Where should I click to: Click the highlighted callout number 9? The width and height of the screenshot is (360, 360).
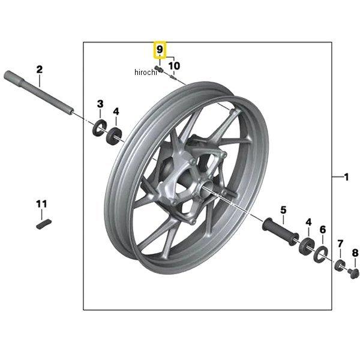[x=160, y=49]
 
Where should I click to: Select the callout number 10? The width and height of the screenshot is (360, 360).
[x=174, y=65]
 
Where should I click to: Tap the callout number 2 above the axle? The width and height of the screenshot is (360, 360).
[x=40, y=70]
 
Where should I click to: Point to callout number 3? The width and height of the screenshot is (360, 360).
[x=100, y=104]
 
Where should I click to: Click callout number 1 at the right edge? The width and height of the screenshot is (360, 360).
[x=346, y=177]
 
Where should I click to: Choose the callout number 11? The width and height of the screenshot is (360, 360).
[x=41, y=204]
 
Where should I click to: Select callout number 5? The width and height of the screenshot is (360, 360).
[x=283, y=210]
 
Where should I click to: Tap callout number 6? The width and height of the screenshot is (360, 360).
[x=323, y=229]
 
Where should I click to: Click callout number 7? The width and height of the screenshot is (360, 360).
[x=340, y=244]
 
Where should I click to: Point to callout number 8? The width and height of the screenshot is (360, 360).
[x=355, y=253]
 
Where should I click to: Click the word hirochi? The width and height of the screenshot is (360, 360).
[x=146, y=72]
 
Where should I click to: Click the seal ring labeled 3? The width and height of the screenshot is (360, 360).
[x=100, y=128]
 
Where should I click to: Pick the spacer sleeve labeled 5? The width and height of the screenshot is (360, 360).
[x=281, y=232]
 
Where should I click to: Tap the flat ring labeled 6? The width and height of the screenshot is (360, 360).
[x=320, y=254]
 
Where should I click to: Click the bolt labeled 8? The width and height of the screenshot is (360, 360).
[x=354, y=274]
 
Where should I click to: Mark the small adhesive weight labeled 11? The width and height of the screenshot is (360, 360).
[x=44, y=224]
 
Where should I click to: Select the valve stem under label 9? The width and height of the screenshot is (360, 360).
[x=159, y=69]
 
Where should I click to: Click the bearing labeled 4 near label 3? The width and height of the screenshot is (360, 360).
[x=114, y=136]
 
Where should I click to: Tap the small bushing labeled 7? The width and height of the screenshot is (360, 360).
[x=340, y=265]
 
